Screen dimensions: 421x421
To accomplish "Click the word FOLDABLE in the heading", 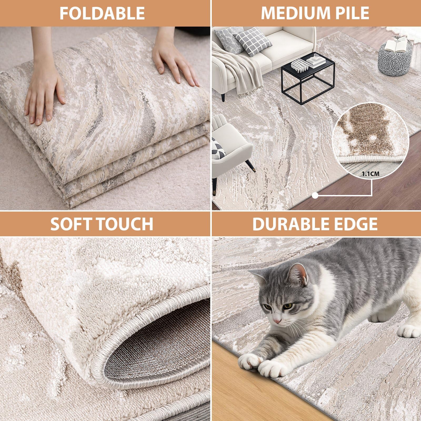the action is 102,13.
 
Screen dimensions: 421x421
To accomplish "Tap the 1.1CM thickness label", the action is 371,174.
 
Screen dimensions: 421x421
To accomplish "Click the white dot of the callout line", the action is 315,195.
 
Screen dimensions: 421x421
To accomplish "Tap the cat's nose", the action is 277,321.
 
